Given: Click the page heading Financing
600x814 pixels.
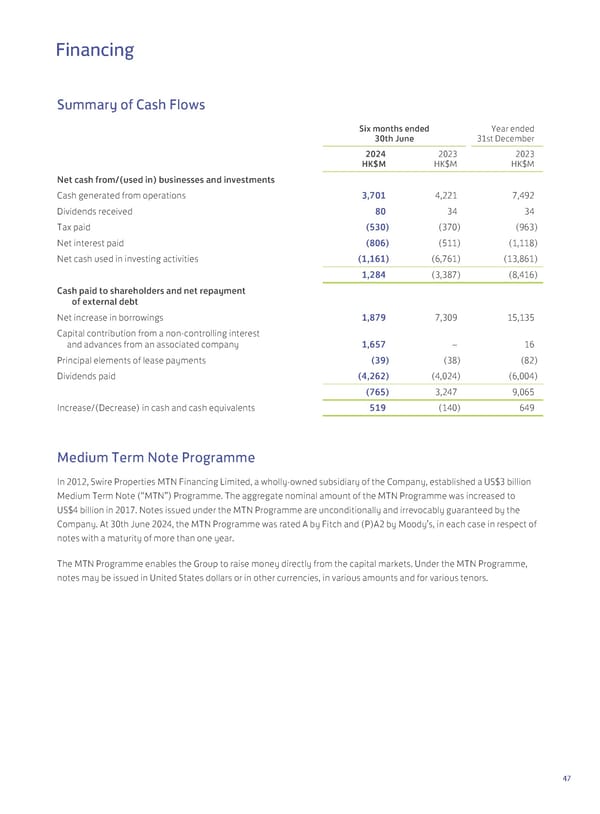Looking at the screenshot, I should (x=94, y=49).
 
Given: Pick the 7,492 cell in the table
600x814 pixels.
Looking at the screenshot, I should (x=520, y=195).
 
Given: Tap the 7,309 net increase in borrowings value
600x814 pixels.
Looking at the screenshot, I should (x=446, y=316).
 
